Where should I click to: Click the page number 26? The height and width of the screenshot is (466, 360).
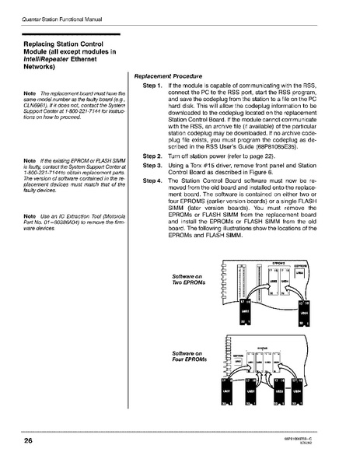tap(16, 443)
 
